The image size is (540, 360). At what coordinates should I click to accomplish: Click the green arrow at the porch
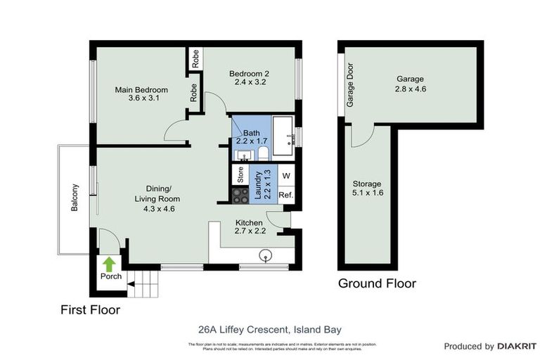[x=109, y=264]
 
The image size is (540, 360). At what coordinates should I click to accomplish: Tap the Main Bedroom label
[x=141, y=90]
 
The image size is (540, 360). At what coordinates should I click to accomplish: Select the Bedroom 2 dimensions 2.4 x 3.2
[x=249, y=82]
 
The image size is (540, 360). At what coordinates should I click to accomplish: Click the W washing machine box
[x=286, y=175]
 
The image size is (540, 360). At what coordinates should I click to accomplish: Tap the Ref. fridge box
[x=286, y=195]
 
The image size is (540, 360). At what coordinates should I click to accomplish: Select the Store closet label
[x=240, y=175]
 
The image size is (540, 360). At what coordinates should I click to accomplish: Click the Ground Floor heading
[x=377, y=284]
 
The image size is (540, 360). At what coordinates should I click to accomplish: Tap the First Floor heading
[x=90, y=309]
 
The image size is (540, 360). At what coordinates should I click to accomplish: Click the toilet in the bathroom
[x=262, y=153]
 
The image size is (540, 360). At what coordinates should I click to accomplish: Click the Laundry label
[x=259, y=186]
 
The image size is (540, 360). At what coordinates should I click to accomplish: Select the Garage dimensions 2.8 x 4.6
[x=411, y=89]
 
